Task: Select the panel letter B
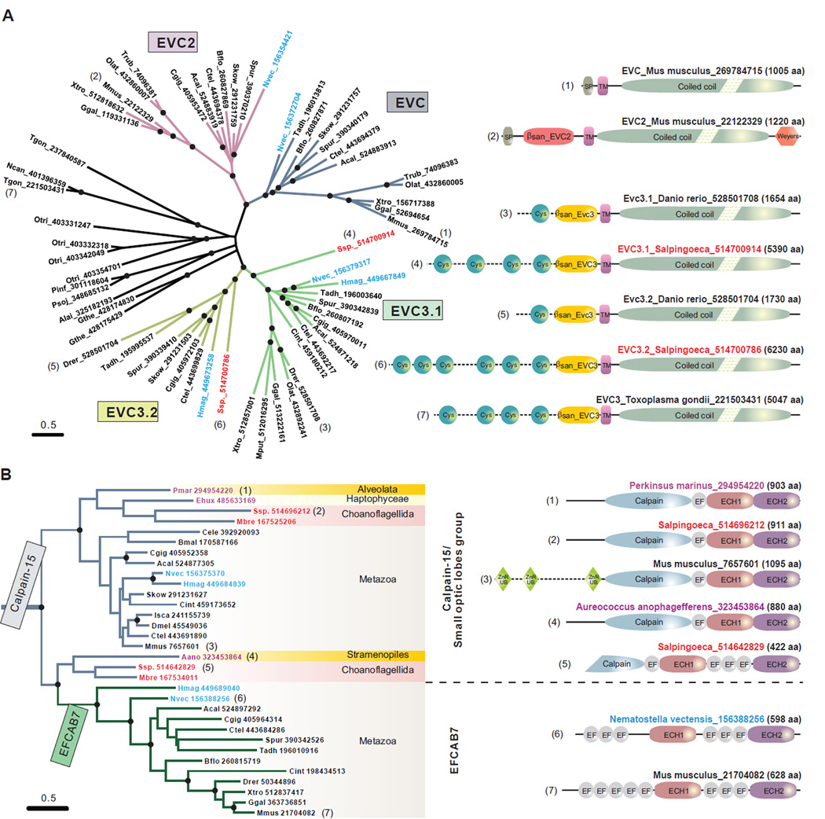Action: [8, 475]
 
